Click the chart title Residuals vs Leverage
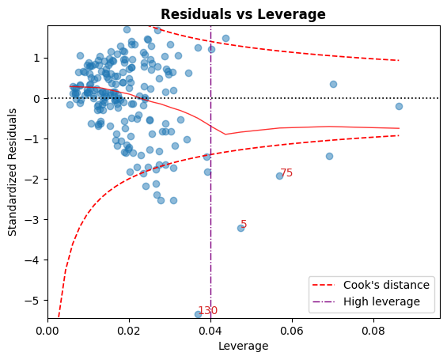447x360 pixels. (x=244, y=14)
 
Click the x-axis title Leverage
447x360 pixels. (x=244, y=347)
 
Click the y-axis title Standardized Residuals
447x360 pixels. (x=13, y=172)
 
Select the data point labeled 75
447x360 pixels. (x=279, y=176)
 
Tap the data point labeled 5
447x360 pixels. (x=241, y=228)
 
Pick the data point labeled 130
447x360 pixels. (x=198, y=314)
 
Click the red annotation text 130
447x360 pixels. (x=208, y=310)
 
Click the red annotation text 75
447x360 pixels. (x=286, y=172)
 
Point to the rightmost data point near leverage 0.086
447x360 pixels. (x=399, y=106)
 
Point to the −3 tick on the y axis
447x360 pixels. (x=47, y=219)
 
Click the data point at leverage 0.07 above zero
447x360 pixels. (x=333, y=84)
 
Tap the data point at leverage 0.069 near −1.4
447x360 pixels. (x=329, y=156)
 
